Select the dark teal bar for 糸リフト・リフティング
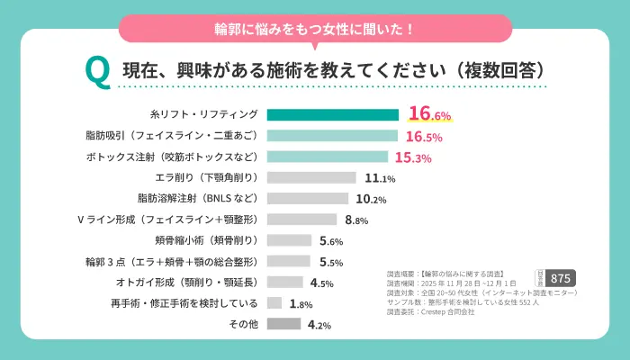click(x=333, y=115)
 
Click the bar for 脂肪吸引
click(x=333, y=136)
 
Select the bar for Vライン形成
click(x=302, y=220)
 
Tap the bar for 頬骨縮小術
click(x=290, y=240)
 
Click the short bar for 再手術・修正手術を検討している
click(x=275, y=303)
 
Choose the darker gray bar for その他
click(x=284, y=324)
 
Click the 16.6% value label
click(x=428, y=114)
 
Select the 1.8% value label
click(x=301, y=304)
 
